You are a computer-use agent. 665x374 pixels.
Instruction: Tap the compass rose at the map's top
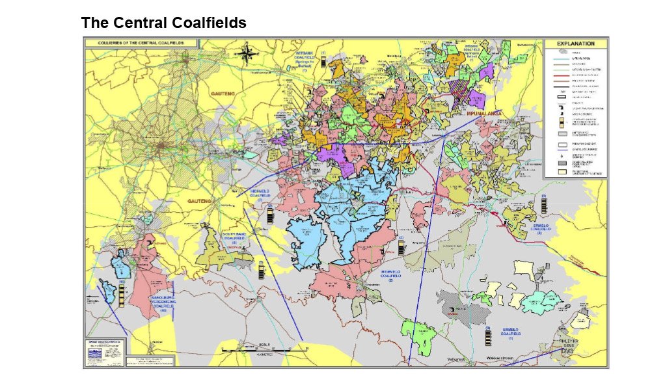coord(247,53)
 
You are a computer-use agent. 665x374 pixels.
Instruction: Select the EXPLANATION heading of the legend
coord(575,44)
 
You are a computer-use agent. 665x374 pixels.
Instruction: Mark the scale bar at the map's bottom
coord(264,349)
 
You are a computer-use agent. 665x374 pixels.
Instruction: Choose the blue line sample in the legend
coord(556,59)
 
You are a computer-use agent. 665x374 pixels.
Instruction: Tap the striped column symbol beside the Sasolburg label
coord(122,293)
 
